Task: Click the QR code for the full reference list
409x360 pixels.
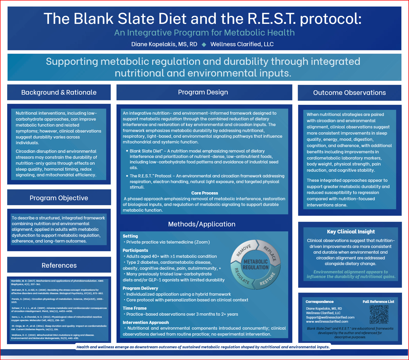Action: pos(379,314)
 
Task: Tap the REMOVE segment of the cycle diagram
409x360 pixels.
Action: pos(244,250)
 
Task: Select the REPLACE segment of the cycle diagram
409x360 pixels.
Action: pos(270,253)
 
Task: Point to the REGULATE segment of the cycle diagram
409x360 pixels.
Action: pos(242,276)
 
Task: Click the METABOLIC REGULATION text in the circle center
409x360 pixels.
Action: pos(256,265)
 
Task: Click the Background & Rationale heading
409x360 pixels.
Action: pos(59,92)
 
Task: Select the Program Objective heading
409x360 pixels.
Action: pos(59,198)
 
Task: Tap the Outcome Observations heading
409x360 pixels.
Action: pos(349,93)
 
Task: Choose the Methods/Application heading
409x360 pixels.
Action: pos(202,224)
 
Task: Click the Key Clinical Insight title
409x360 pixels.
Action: pos(351,232)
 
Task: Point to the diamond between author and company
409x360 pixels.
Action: pos(204,45)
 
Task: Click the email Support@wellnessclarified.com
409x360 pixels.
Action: pos(330,317)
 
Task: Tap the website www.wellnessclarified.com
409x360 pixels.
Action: pos(327,321)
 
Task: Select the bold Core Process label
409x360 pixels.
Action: pos(204,193)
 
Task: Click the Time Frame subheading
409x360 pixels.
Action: pos(135,308)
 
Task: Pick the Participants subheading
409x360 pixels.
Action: pos(135,250)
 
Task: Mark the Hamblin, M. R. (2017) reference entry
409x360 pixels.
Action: pos(57,282)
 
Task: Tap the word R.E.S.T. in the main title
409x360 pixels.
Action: pos(271,19)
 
